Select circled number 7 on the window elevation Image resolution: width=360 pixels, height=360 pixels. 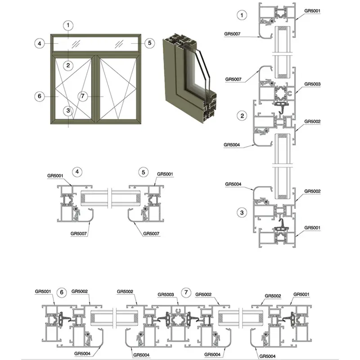(x=82, y=96)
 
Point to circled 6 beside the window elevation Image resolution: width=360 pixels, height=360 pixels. (x=40, y=96)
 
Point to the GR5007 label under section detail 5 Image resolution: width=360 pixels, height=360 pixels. (x=151, y=234)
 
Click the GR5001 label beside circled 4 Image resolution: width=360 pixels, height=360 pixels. (x=56, y=174)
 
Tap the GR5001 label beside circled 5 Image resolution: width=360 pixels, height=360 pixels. (x=165, y=174)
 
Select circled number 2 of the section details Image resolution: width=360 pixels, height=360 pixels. (x=243, y=116)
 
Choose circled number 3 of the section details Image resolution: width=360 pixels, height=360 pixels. (x=243, y=212)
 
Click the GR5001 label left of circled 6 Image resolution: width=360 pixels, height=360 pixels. (x=43, y=291)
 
